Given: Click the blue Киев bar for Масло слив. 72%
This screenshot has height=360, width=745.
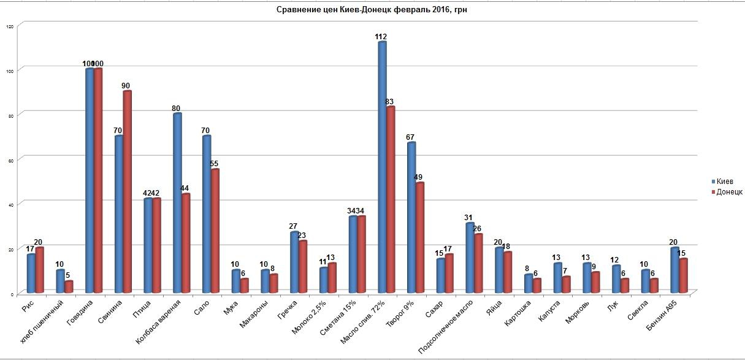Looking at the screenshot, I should tap(382, 166).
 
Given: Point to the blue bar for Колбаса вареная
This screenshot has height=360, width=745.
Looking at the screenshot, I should tap(177, 202).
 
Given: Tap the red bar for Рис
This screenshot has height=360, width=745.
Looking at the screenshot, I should tap(40, 269).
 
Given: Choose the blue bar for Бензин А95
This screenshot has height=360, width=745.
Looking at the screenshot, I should tap(674, 269).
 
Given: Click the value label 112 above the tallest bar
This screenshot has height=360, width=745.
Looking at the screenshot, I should tap(381, 37).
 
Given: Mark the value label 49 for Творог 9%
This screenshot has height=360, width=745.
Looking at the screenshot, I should tap(419, 178).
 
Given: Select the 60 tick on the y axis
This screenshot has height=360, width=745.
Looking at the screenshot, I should tap(10, 159).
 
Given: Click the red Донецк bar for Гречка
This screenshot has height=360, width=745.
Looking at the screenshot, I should tap(303, 266).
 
